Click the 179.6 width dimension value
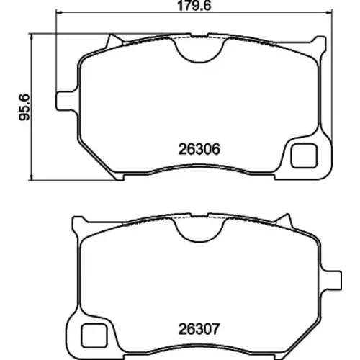pos(194,6)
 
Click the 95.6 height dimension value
pos(24,107)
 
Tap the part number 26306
pos(199,149)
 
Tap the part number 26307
pos(199,329)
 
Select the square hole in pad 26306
pos(304,156)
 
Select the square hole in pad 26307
pos(94,336)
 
